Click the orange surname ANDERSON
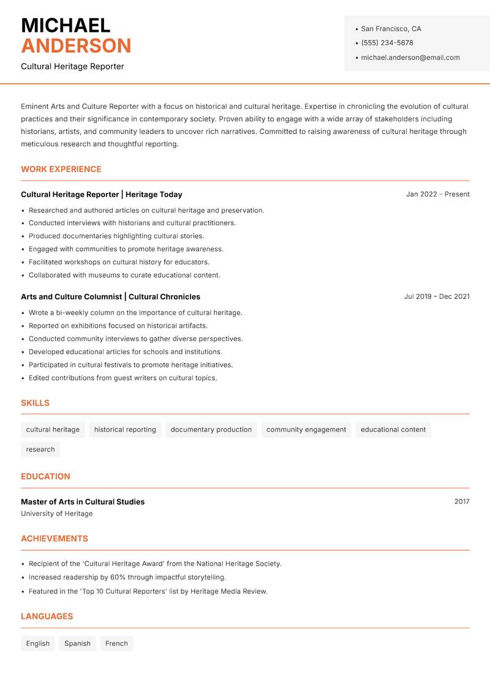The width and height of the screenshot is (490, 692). click(76, 46)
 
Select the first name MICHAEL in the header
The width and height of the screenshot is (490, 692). click(66, 25)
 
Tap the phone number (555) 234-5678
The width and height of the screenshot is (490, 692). click(386, 43)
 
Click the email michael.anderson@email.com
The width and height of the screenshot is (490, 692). click(410, 58)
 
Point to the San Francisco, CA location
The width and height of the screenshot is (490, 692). click(391, 29)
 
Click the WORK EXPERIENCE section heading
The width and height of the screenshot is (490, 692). click(61, 169)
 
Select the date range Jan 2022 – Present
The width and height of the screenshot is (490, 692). click(437, 194)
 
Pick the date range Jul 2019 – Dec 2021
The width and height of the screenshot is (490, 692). click(437, 296)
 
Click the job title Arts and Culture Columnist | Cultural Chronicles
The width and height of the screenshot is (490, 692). click(110, 296)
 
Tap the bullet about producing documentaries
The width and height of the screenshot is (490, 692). click(116, 236)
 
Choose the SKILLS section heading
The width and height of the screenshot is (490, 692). click(35, 403)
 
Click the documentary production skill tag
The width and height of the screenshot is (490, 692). click(211, 429)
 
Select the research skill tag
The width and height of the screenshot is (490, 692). click(40, 449)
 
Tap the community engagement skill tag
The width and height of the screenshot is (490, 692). click(306, 429)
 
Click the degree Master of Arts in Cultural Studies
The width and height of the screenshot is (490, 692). click(83, 502)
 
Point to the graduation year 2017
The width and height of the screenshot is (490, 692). click(462, 502)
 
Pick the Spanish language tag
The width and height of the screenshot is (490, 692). click(77, 643)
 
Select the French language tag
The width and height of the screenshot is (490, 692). click(116, 643)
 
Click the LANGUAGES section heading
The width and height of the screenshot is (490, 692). click(47, 616)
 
